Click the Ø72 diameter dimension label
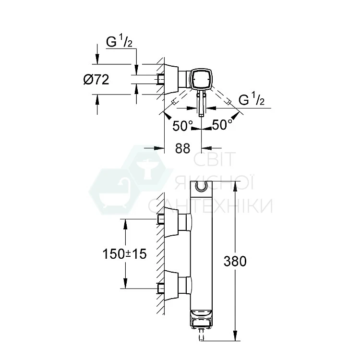pos(96,80)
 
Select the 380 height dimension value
pos(235,261)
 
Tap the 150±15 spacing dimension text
pos(124,254)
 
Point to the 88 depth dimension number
pos(183,148)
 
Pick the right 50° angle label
pos(222,125)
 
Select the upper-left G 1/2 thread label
pos(119,42)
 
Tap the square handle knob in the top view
pos(201,79)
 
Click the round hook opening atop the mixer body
pos(202,186)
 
